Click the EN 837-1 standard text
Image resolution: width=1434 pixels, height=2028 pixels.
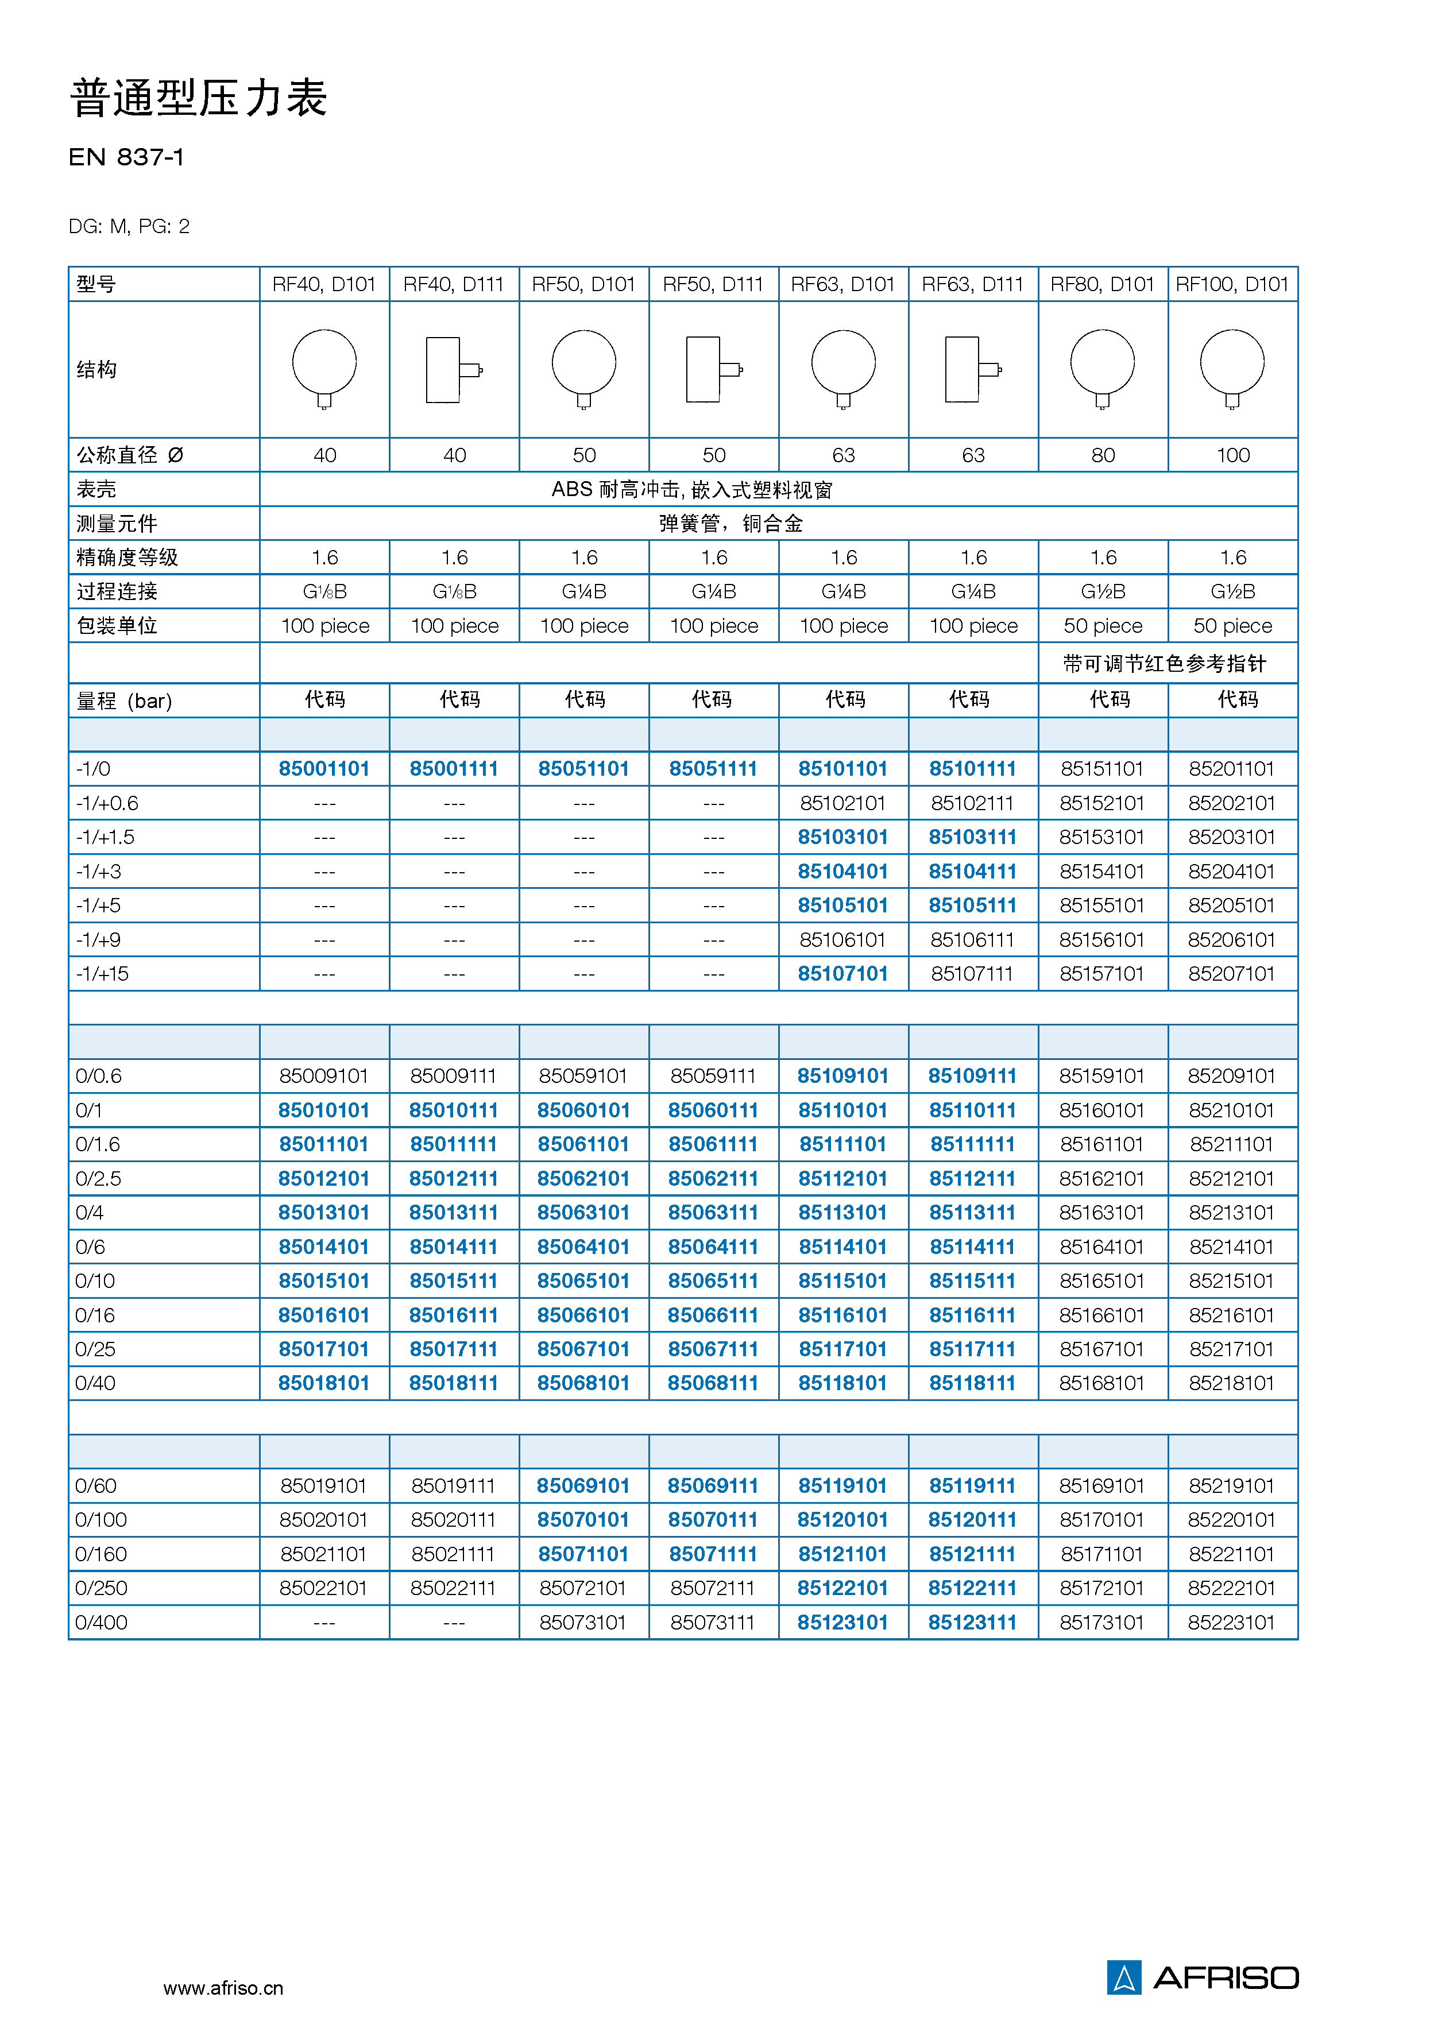(x=126, y=157)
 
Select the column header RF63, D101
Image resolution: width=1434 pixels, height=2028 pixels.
(x=843, y=284)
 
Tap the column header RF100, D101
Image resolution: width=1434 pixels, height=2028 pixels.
(x=1232, y=284)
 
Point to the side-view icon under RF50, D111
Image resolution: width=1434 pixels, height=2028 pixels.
(x=714, y=369)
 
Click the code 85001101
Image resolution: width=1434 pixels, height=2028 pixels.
(x=324, y=768)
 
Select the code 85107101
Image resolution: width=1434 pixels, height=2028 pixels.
(x=843, y=973)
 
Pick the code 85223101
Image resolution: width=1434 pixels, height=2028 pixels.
(x=1232, y=1623)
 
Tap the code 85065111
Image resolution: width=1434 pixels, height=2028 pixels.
(x=713, y=1281)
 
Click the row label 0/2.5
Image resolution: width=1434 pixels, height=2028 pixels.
(x=98, y=1178)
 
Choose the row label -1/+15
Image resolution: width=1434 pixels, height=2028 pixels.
(x=102, y=973)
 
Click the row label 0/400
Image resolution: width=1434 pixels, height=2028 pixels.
(x=102, y=1623)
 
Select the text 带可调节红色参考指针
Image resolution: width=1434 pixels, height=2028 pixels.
(x=1165, y=663)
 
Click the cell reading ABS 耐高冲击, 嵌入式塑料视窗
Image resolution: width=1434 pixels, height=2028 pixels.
(x=692, y=489)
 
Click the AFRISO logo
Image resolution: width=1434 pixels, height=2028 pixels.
(x=1203, y=1977)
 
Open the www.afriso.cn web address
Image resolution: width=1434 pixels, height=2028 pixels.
(x=223, y=1987)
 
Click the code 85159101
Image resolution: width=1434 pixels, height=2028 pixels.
(x=1102, y=1076)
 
